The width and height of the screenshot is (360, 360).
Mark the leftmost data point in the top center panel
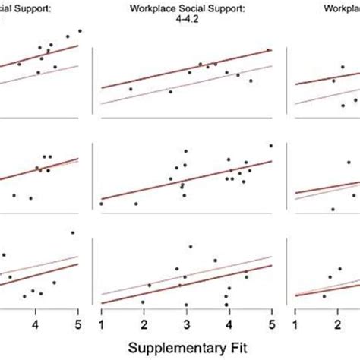click(131, 89)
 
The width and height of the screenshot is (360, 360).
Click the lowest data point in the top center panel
click(170, 92)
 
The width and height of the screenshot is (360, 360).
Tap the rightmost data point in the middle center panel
click(270, 146)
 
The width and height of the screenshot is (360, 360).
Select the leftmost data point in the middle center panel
click(101, 204)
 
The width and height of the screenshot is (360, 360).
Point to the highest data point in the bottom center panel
click(191, 247)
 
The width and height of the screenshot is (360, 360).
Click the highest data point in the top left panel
click(80, 31)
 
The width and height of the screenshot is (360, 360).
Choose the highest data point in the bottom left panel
click(73, 233)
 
